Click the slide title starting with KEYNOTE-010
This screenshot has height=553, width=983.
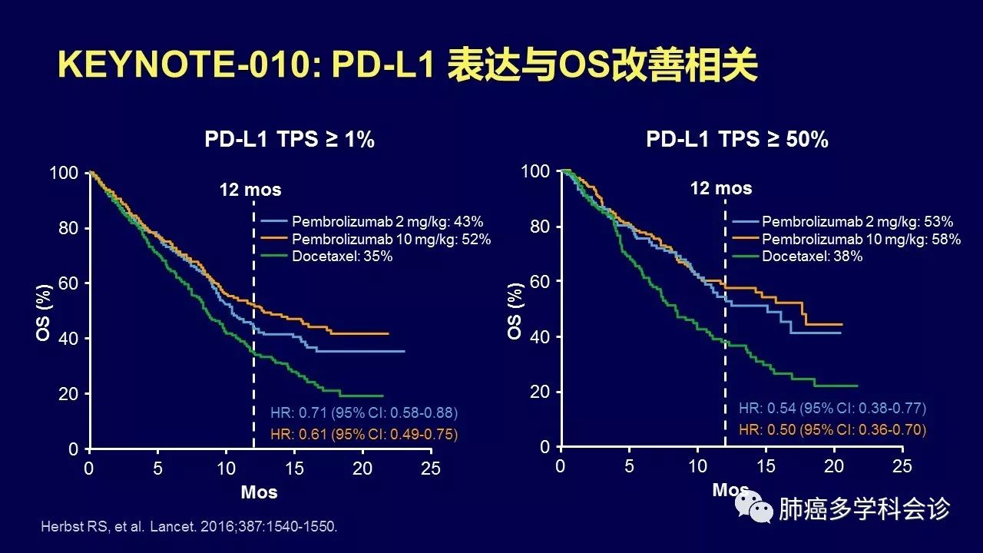point(408,66)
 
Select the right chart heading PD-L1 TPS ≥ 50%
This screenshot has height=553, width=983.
point(736,139)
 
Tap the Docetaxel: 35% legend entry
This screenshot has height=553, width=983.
point(343,257)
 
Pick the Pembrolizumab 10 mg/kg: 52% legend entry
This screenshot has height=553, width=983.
point(391,239)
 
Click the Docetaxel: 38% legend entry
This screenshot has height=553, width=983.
point(813,256)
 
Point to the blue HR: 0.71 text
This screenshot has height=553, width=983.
point(364,412)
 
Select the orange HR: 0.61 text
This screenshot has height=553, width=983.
point(364,435)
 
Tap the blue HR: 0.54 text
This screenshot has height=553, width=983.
point(832,408)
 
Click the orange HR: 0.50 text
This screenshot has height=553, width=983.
point(832,430)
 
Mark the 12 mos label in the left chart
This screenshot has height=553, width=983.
point(250,190)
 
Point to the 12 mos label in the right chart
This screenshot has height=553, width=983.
point(721,188)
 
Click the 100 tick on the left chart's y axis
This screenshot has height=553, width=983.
point(64,173)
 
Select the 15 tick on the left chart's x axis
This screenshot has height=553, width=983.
point(294,469)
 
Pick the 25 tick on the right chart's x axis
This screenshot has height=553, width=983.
point(902,466)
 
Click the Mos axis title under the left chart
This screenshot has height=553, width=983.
point(259,492)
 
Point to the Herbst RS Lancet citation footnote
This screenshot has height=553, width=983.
point(189,527)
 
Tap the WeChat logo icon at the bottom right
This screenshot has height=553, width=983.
point(754,508)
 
